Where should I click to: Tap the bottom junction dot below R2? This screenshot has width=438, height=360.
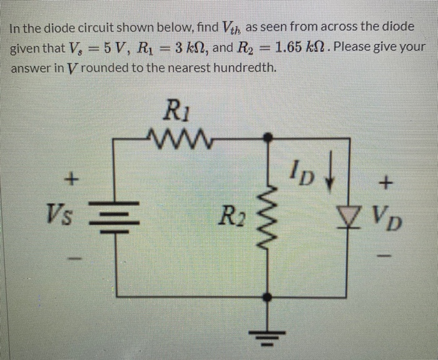point(270,297)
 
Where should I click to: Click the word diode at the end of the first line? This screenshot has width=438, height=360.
point(399,27)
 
